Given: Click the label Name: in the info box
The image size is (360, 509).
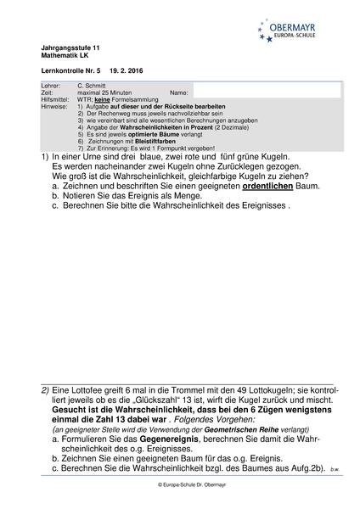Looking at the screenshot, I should (178, 92).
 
